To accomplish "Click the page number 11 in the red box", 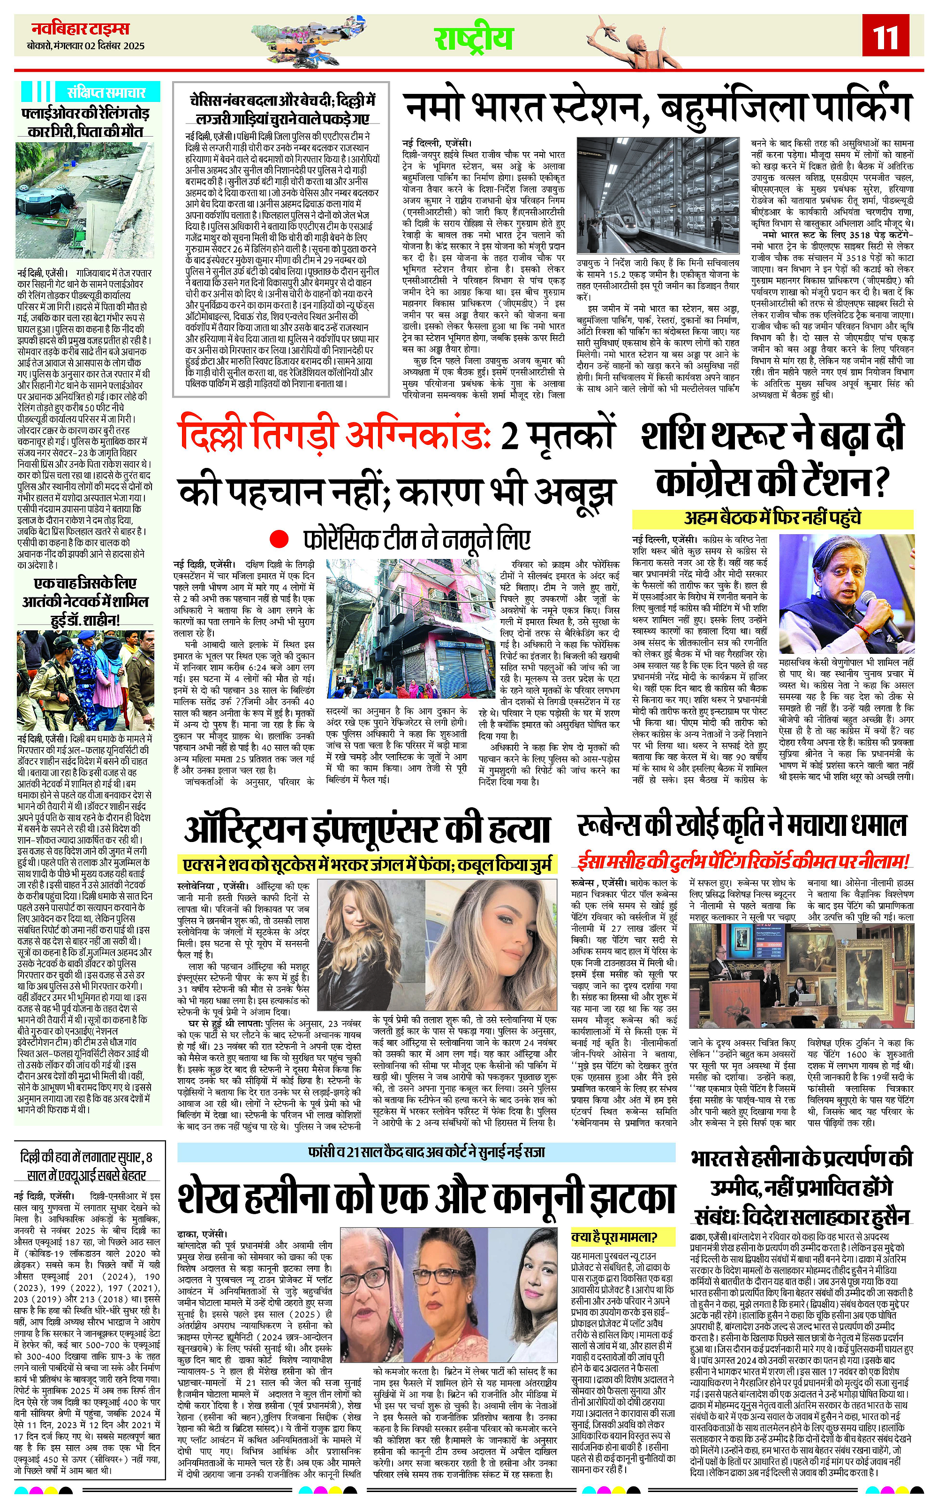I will tap(885, 39).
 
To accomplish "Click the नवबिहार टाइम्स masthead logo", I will tap(81, 29).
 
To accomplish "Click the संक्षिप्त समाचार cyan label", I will tap(107, 92).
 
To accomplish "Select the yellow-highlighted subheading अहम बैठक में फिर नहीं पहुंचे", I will tap(772, 519).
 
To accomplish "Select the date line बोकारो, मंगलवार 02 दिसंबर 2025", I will tap(86, 46).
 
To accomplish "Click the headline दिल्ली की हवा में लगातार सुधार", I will tap(86, 1166).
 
